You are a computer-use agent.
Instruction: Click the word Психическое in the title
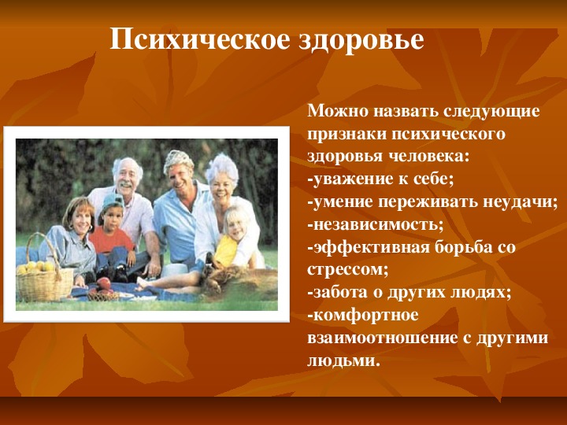[x=199, y=40]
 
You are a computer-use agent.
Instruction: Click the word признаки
[x=347, y=135]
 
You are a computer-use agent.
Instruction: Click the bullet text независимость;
[x=375, y=225]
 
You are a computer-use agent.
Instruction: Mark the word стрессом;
[x=347, y=270]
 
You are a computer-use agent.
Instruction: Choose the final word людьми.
[x=344, y=361]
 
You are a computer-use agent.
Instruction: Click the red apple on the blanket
[x=104, y=283]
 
